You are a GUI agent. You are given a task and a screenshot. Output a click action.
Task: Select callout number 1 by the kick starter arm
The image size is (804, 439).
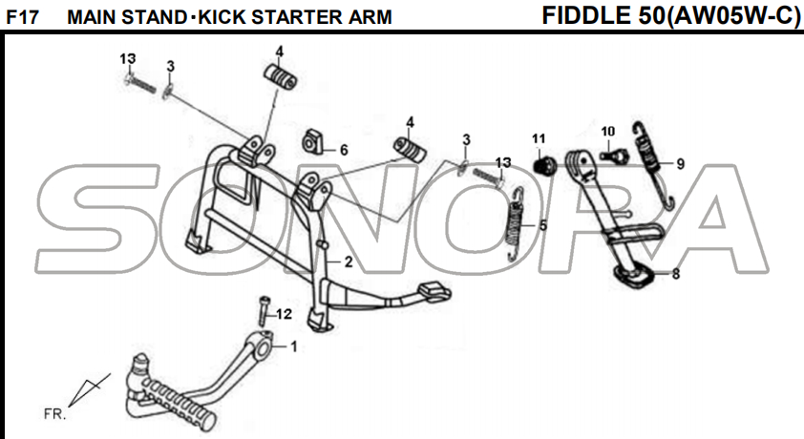click(293, 346)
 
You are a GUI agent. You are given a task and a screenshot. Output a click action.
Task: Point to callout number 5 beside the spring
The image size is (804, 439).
click(543, 226)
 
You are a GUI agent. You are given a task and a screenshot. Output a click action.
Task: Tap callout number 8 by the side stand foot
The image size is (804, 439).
click(676, 275)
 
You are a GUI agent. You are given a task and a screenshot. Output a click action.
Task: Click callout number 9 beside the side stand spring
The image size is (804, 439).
click(680, 163)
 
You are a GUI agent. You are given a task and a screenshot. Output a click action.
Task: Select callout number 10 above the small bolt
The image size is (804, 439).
click(608, 131)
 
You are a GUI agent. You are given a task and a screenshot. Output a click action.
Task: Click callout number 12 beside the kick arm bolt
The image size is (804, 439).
click(284, 314)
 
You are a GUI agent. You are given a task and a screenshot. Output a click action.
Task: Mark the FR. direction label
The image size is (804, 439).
click(53, 415)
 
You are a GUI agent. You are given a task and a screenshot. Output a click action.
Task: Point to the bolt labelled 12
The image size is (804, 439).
click(261, 313)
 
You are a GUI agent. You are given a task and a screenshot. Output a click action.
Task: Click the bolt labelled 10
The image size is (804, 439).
click(615, 152)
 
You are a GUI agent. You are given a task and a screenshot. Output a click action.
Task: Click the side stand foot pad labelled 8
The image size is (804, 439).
click(633, 277)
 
